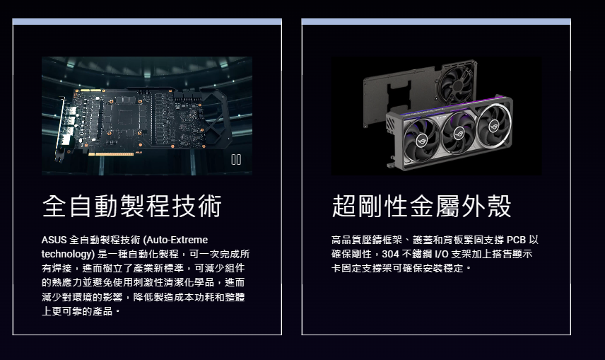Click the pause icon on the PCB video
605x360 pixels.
coord(236,160)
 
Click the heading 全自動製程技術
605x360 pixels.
coord(132,206)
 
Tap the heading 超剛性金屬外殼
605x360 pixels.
coord(421,206)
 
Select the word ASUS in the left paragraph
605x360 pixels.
coord(54,240)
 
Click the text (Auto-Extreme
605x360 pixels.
coord(175,240)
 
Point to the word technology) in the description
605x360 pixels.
coord(68,254)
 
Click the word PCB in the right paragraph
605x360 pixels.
coord(516,240)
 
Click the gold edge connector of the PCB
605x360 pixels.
coord(111,154)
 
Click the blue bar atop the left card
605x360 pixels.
coord(147,22)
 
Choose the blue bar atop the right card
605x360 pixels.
coord(436,22)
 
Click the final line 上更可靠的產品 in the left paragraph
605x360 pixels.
coord(78,311)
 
